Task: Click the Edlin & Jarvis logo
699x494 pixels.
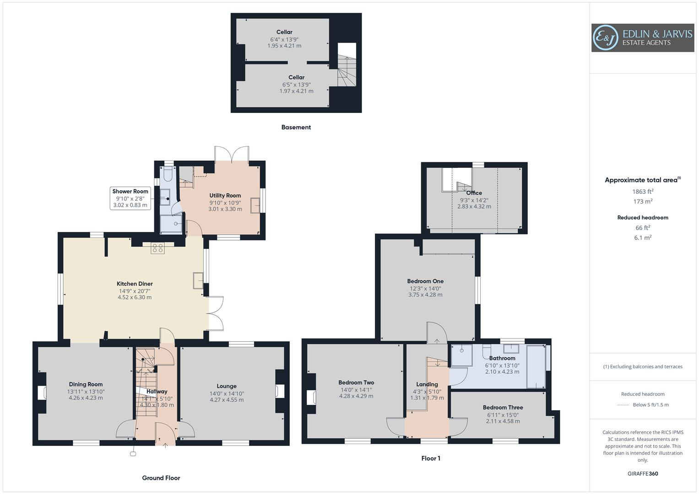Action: pos(642,38)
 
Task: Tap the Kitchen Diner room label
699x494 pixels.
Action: pos(135,284)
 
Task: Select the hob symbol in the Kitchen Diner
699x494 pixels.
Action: pos(157,248)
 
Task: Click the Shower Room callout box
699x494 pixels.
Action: pos(130,198)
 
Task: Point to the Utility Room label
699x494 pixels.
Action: pos(225,195)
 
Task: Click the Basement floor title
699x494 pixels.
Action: pos(296,127)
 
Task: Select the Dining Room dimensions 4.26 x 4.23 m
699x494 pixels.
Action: pos(86,398)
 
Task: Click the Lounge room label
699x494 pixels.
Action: pos(227,386)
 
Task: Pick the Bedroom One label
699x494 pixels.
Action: pos(425,281)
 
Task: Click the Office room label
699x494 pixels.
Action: pos(474,193)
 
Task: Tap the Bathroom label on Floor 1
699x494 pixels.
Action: pos(502,358)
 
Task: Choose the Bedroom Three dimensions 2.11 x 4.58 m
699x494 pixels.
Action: pos(503,421)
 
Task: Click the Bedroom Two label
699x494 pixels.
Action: pos(356,382)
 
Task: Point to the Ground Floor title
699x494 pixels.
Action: pos(161,478)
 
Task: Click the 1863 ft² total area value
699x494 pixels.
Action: pos(643,192)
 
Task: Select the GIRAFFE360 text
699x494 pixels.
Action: pos(643,473)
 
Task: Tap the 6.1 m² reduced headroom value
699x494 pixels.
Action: pos(643,238)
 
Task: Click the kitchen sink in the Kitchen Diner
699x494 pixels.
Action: pos(198,280)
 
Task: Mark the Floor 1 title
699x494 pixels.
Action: pos(431,458)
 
